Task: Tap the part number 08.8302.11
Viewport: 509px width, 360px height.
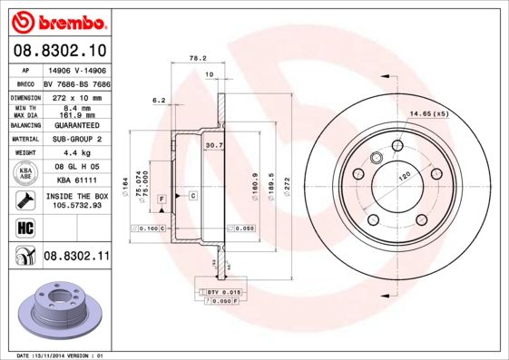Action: (76, 257)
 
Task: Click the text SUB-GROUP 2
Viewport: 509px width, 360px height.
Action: (75, 139)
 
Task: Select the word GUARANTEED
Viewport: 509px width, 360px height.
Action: (75, 124)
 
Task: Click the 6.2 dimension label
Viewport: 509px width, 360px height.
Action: (159, 100)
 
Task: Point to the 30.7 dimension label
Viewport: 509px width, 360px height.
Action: (213, 145)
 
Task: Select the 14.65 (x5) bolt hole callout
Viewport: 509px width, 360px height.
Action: (429, 113)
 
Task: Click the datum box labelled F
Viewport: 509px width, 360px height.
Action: (161, 198)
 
